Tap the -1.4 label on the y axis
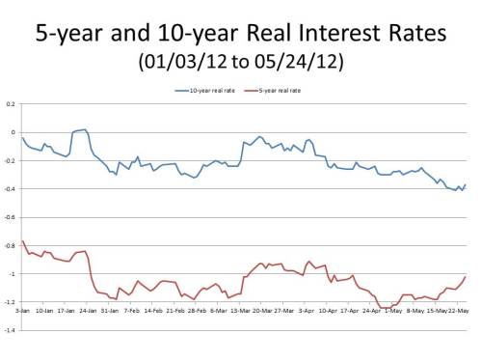pyautogui.click(x=10, y=331)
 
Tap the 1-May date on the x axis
pyautogui.click(x=389, y=312)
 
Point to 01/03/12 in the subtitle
pyautogui.click(x=187, y=64)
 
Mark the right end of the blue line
pyautogui.click(x=466, y=184)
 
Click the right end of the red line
pyautogui.click(x=466, y=277)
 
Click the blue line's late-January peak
pyautogui.click(x=85, y=129)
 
